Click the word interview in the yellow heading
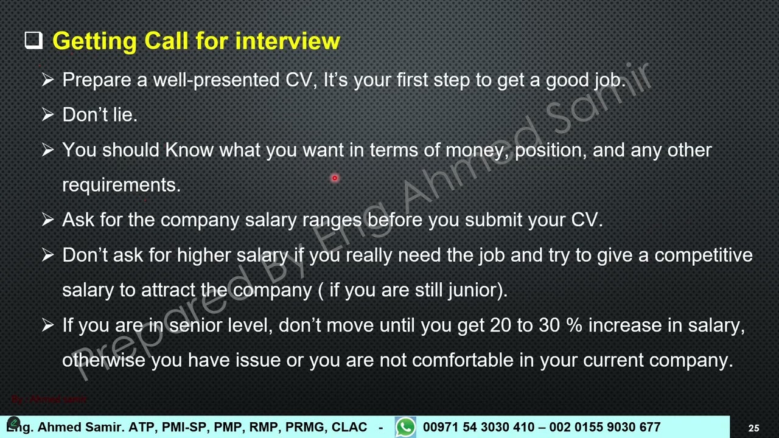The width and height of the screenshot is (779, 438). pyautogui.click(x=287, y=41)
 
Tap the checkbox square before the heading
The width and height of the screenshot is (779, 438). pyautogui.click(x=33, y=40)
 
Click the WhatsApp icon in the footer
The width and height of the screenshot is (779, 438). pyautogui.click(x=405, y=427)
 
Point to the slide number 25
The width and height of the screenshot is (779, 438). pyautogui.click(x=753, y=428)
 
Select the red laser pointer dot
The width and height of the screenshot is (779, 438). pyautogui.click(x=334, y=178)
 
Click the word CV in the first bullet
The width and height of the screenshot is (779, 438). pyautogui.click(x=299, y=80)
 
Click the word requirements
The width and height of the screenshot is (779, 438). pyautogui.click(x=121, y=185)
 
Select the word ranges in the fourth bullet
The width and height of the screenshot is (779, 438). pyautogui.click(x=332, y=220)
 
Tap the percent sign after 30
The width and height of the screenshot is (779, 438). pyautogui.click(x=573, y=325)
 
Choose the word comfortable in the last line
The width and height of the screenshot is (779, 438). pyautogui.click(x=463, y=360)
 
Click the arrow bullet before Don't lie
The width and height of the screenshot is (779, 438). pyautogui.click(x=48, y=115)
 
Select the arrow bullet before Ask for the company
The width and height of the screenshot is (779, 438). pyautogui.click(x=48, y=220)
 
